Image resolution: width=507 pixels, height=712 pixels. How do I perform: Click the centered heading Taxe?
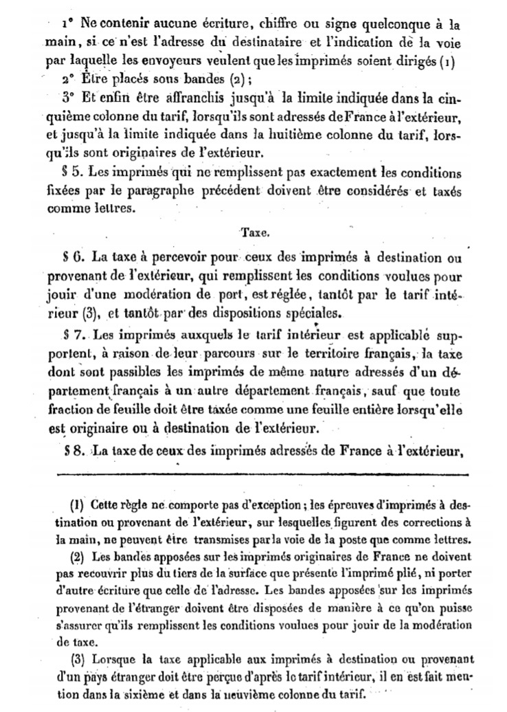click(255, 233)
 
